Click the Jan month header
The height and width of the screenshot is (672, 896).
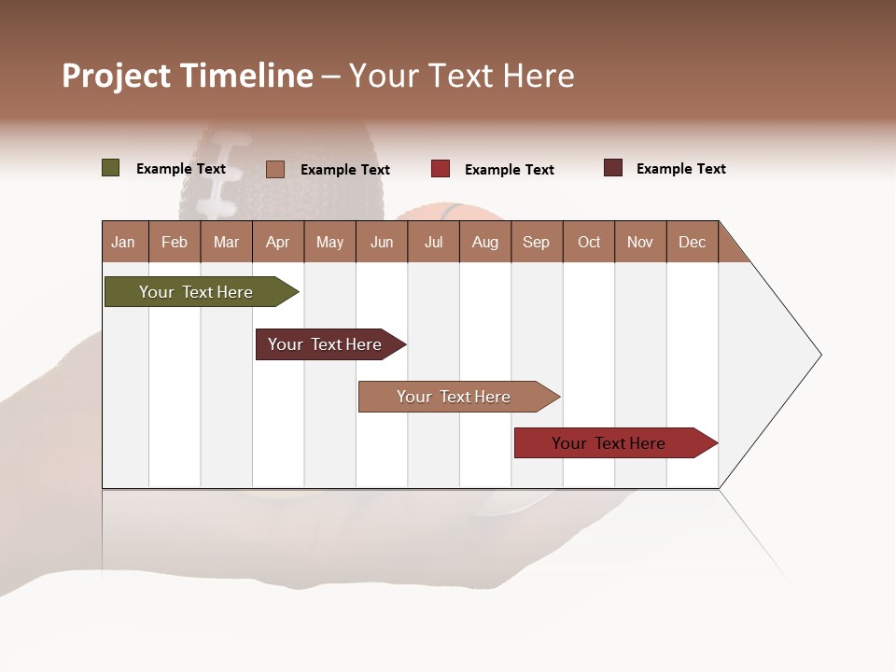pos(123,242)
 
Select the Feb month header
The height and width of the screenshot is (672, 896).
pos(175,242)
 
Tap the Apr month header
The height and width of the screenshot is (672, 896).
pos(277,242)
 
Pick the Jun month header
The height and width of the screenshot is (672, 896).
pos(382,242)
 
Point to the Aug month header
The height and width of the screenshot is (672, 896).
pos(484,242)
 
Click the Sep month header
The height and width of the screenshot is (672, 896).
pos(536,242)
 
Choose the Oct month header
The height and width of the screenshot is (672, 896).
pos(589,242)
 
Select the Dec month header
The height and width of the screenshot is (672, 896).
pos(692,242)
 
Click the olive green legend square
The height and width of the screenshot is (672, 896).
pos(111,168)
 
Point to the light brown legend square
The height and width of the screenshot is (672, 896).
pos(275,169)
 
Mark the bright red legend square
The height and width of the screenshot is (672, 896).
pos(441,169)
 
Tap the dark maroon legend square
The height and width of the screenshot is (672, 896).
pos(613,168)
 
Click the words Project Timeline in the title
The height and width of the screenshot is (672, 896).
pos(188,76)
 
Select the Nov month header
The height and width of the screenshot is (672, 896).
pos(640,242)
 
